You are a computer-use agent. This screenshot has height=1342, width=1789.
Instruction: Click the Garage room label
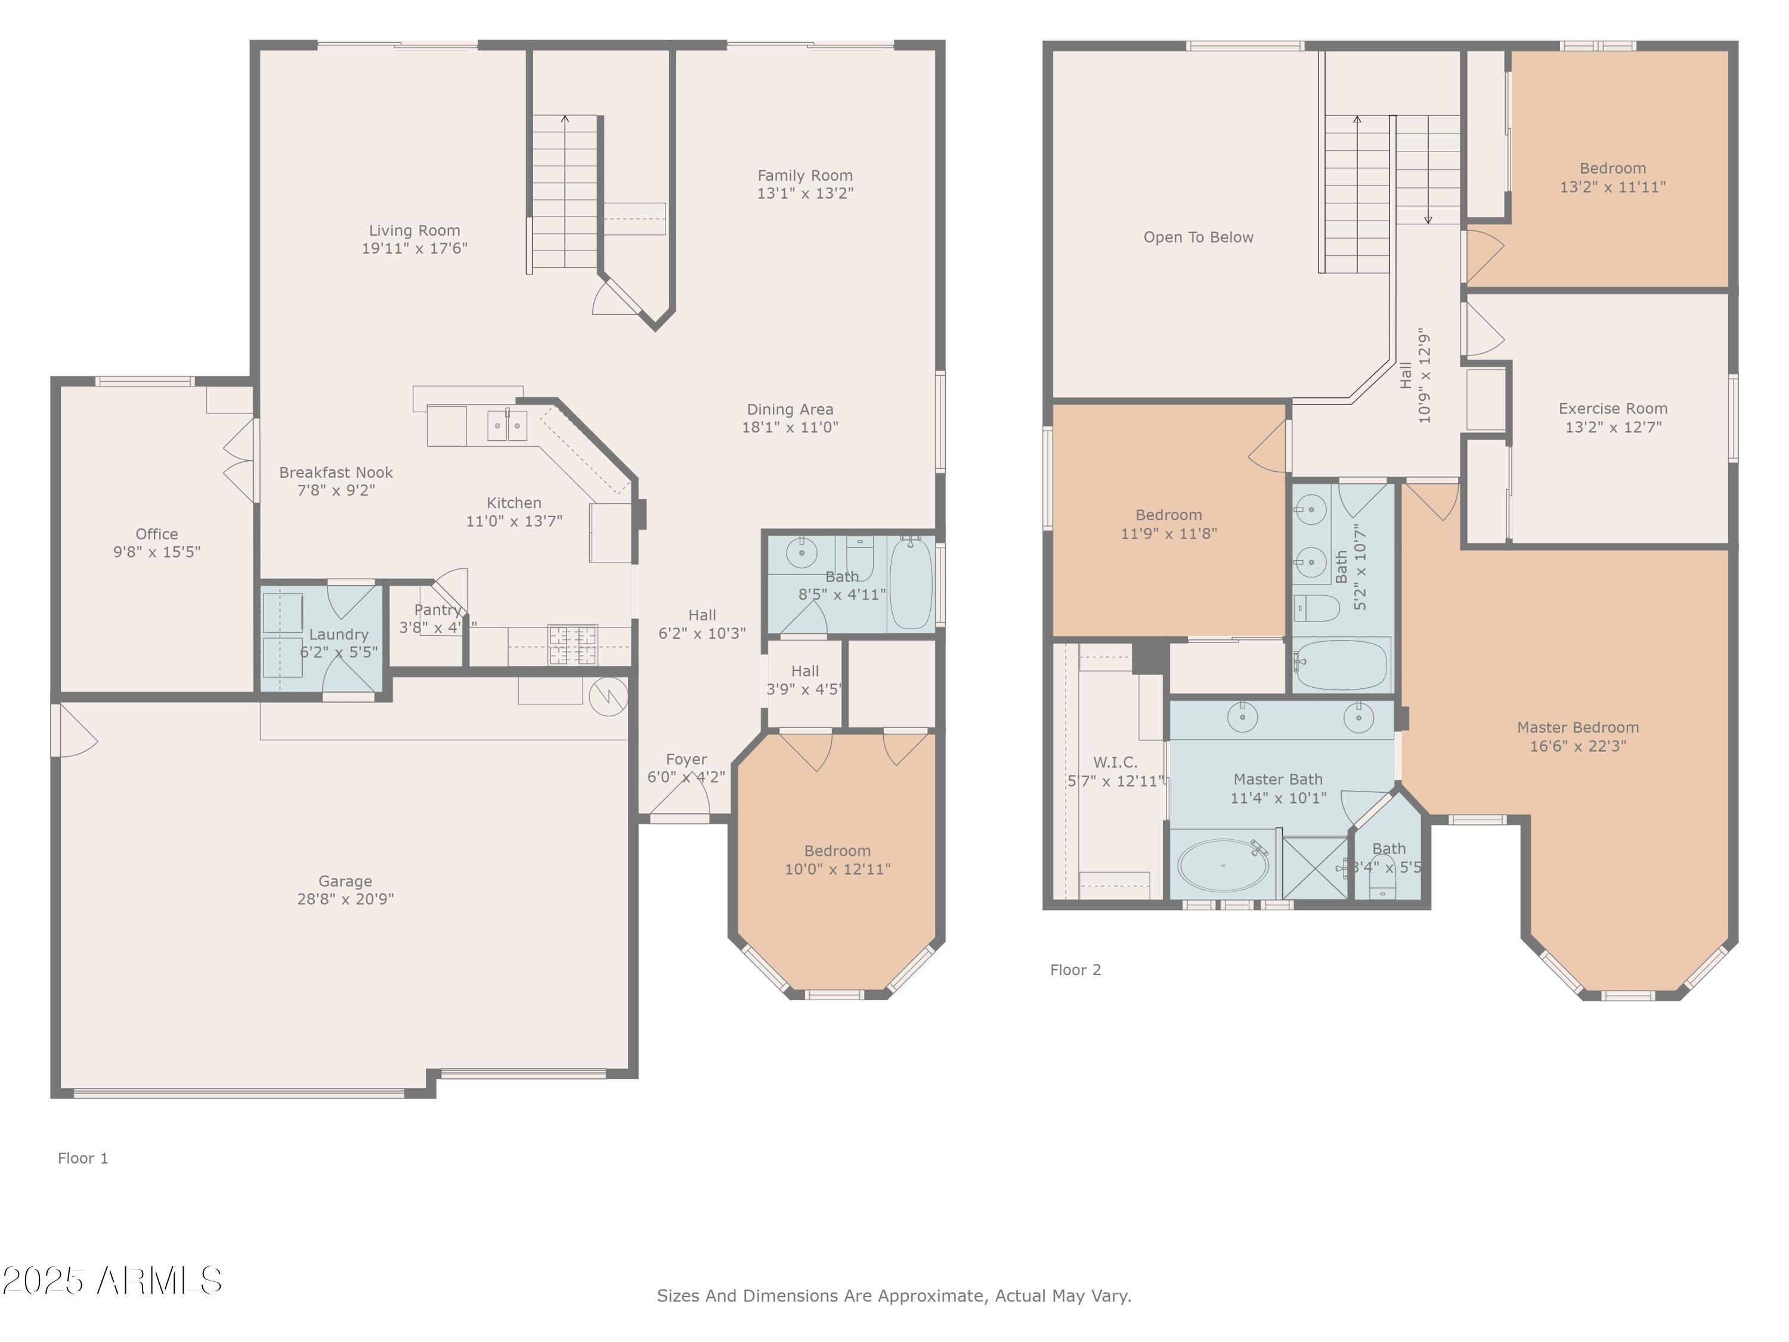345,881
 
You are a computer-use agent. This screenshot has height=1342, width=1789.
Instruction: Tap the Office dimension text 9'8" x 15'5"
156,552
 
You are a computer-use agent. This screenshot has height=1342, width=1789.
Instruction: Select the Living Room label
414,231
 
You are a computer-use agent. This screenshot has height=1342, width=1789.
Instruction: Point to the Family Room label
804,175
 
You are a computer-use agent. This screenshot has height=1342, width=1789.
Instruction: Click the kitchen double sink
507,425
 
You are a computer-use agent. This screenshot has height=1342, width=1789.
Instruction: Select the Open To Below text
1198,237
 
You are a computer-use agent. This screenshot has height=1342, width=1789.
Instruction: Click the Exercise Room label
1612,409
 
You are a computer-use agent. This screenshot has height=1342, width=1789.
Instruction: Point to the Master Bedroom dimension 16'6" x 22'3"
1577,746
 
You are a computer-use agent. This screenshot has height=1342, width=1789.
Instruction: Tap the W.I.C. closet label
1115,762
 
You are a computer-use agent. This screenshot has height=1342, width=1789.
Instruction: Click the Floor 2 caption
1075,970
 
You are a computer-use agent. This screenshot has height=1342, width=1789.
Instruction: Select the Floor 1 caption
82,1158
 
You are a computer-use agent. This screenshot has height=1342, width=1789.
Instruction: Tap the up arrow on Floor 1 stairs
565,120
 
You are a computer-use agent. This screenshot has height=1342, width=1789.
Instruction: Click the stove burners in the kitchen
572,645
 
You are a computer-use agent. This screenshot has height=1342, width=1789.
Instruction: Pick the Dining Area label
790,409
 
